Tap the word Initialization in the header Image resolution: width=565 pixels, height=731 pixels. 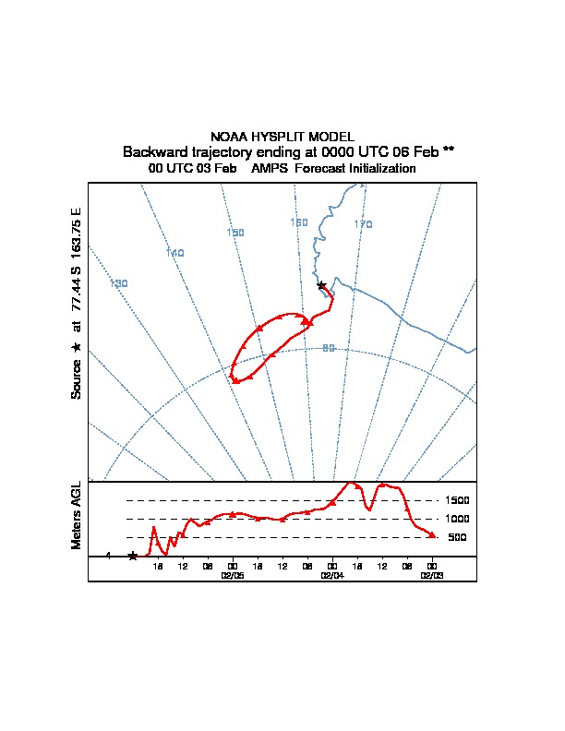tap(378, 169)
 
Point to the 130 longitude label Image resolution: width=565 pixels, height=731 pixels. tap(118, 283)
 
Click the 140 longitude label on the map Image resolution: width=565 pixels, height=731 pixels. tap(175, 253)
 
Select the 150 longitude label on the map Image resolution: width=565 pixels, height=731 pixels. tap(235, 233)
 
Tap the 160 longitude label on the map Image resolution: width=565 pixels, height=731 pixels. tap(299, 222)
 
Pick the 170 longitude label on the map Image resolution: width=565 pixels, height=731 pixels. tap(363, 224)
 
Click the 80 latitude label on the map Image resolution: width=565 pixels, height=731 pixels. tap(329, 348)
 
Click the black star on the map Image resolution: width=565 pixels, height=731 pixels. tap(321, 285)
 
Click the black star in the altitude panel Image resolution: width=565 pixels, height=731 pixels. tap(133, 556)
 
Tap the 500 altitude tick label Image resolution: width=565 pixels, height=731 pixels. tap(457, 537)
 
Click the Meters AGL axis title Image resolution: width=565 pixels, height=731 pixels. tap(77, 516)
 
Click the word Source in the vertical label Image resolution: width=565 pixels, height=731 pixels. tap(77, 378)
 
